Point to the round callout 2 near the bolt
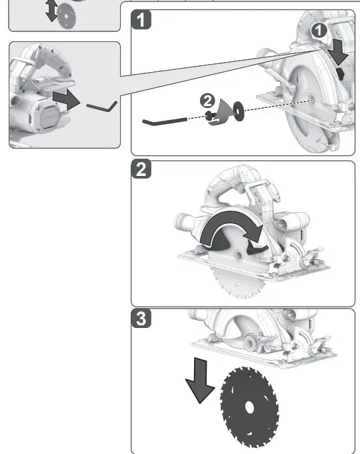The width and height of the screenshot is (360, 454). [x=208, y=101]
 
